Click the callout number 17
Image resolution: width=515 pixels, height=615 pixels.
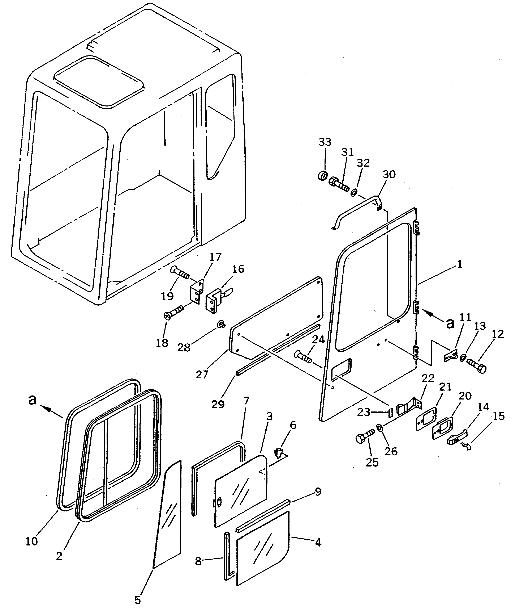(215, 257)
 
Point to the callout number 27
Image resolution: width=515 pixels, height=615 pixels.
(202, 375)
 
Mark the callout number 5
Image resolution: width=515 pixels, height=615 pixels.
(138, 600)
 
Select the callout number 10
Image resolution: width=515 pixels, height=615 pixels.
(32, 541)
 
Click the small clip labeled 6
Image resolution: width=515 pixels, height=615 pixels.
(279, 453)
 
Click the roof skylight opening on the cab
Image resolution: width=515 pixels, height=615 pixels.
(99, 81)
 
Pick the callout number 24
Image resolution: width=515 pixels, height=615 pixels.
(318, 340)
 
